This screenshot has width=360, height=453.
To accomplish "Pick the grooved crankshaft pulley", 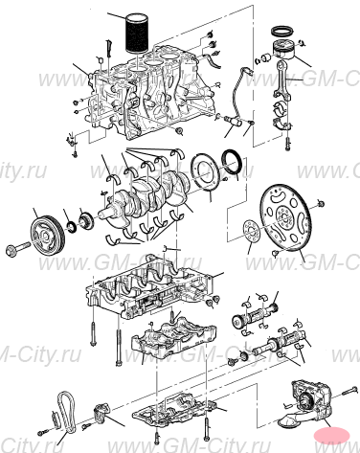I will [45, 234].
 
